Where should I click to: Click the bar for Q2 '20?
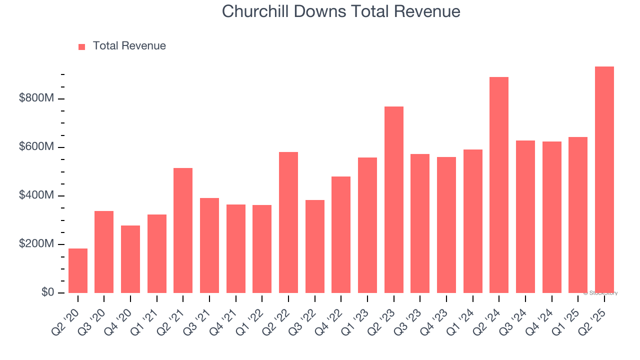coord(78,270)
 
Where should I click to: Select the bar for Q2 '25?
coord(604,179)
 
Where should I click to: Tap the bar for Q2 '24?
coord(499,185)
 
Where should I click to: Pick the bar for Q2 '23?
coord(393,199)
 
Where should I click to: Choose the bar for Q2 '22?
coord(288,222)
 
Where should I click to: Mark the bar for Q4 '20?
coord(130,259)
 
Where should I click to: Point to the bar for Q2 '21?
coord(183,230)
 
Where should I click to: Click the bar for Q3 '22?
coord(315,246)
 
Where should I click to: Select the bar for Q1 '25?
coord(578,215)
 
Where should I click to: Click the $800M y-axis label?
coord(36,98)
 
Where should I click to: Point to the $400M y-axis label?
coord(36,195)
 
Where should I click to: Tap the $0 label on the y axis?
coord(47,292)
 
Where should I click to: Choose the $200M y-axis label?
coord(36,244)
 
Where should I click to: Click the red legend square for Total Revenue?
coord(82,46)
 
